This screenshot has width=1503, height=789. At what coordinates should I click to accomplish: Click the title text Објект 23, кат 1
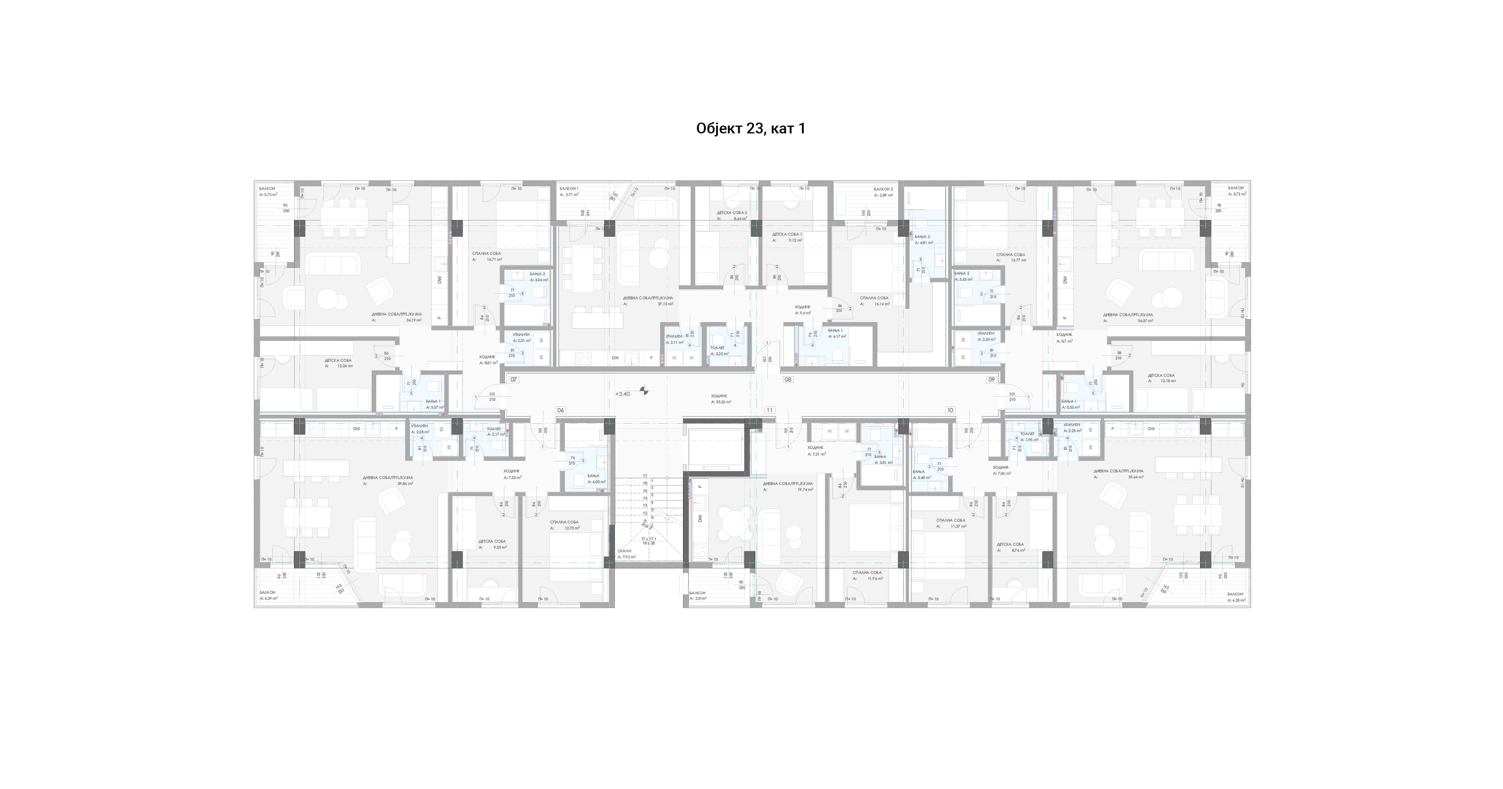[750, 129]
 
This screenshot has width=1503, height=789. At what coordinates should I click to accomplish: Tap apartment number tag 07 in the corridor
[513, 380]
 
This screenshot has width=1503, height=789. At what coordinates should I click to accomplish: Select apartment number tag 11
[769, 410]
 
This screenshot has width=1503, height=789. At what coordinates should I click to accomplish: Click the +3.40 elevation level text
[622, 394]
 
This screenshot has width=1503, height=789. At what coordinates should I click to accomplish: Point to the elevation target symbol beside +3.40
[644, 391]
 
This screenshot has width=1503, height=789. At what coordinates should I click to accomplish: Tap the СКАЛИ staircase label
[625, 551]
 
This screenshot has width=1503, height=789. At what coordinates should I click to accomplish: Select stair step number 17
[644, 476]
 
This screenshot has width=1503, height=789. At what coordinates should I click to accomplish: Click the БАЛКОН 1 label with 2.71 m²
[569, 189]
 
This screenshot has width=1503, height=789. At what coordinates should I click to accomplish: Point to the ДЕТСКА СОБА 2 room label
[732, 213]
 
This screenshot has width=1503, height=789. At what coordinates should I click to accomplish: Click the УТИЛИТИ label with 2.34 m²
[985, 334]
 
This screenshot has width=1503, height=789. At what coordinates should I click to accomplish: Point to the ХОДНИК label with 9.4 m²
[803, 307]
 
